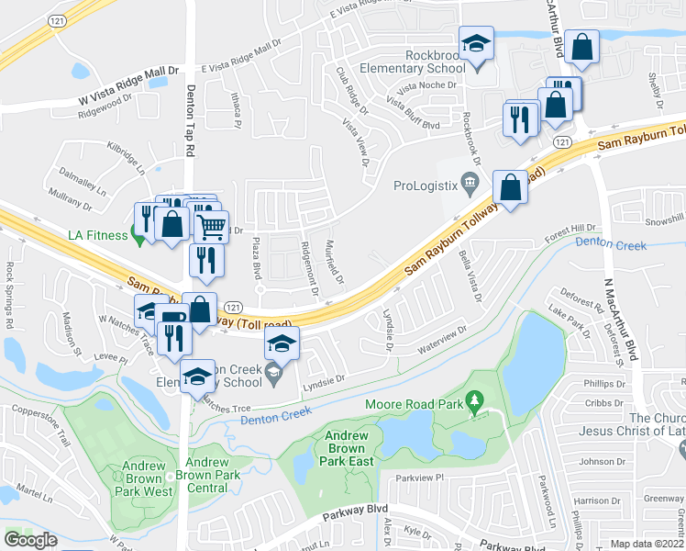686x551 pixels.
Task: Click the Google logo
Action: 30,540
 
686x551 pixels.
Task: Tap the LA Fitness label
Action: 96,235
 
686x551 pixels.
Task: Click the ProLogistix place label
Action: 425,186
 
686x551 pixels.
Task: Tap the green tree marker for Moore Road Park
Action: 474,401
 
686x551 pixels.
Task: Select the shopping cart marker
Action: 212,225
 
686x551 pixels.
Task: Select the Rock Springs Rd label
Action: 10,296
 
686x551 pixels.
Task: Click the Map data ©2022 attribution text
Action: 648,544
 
